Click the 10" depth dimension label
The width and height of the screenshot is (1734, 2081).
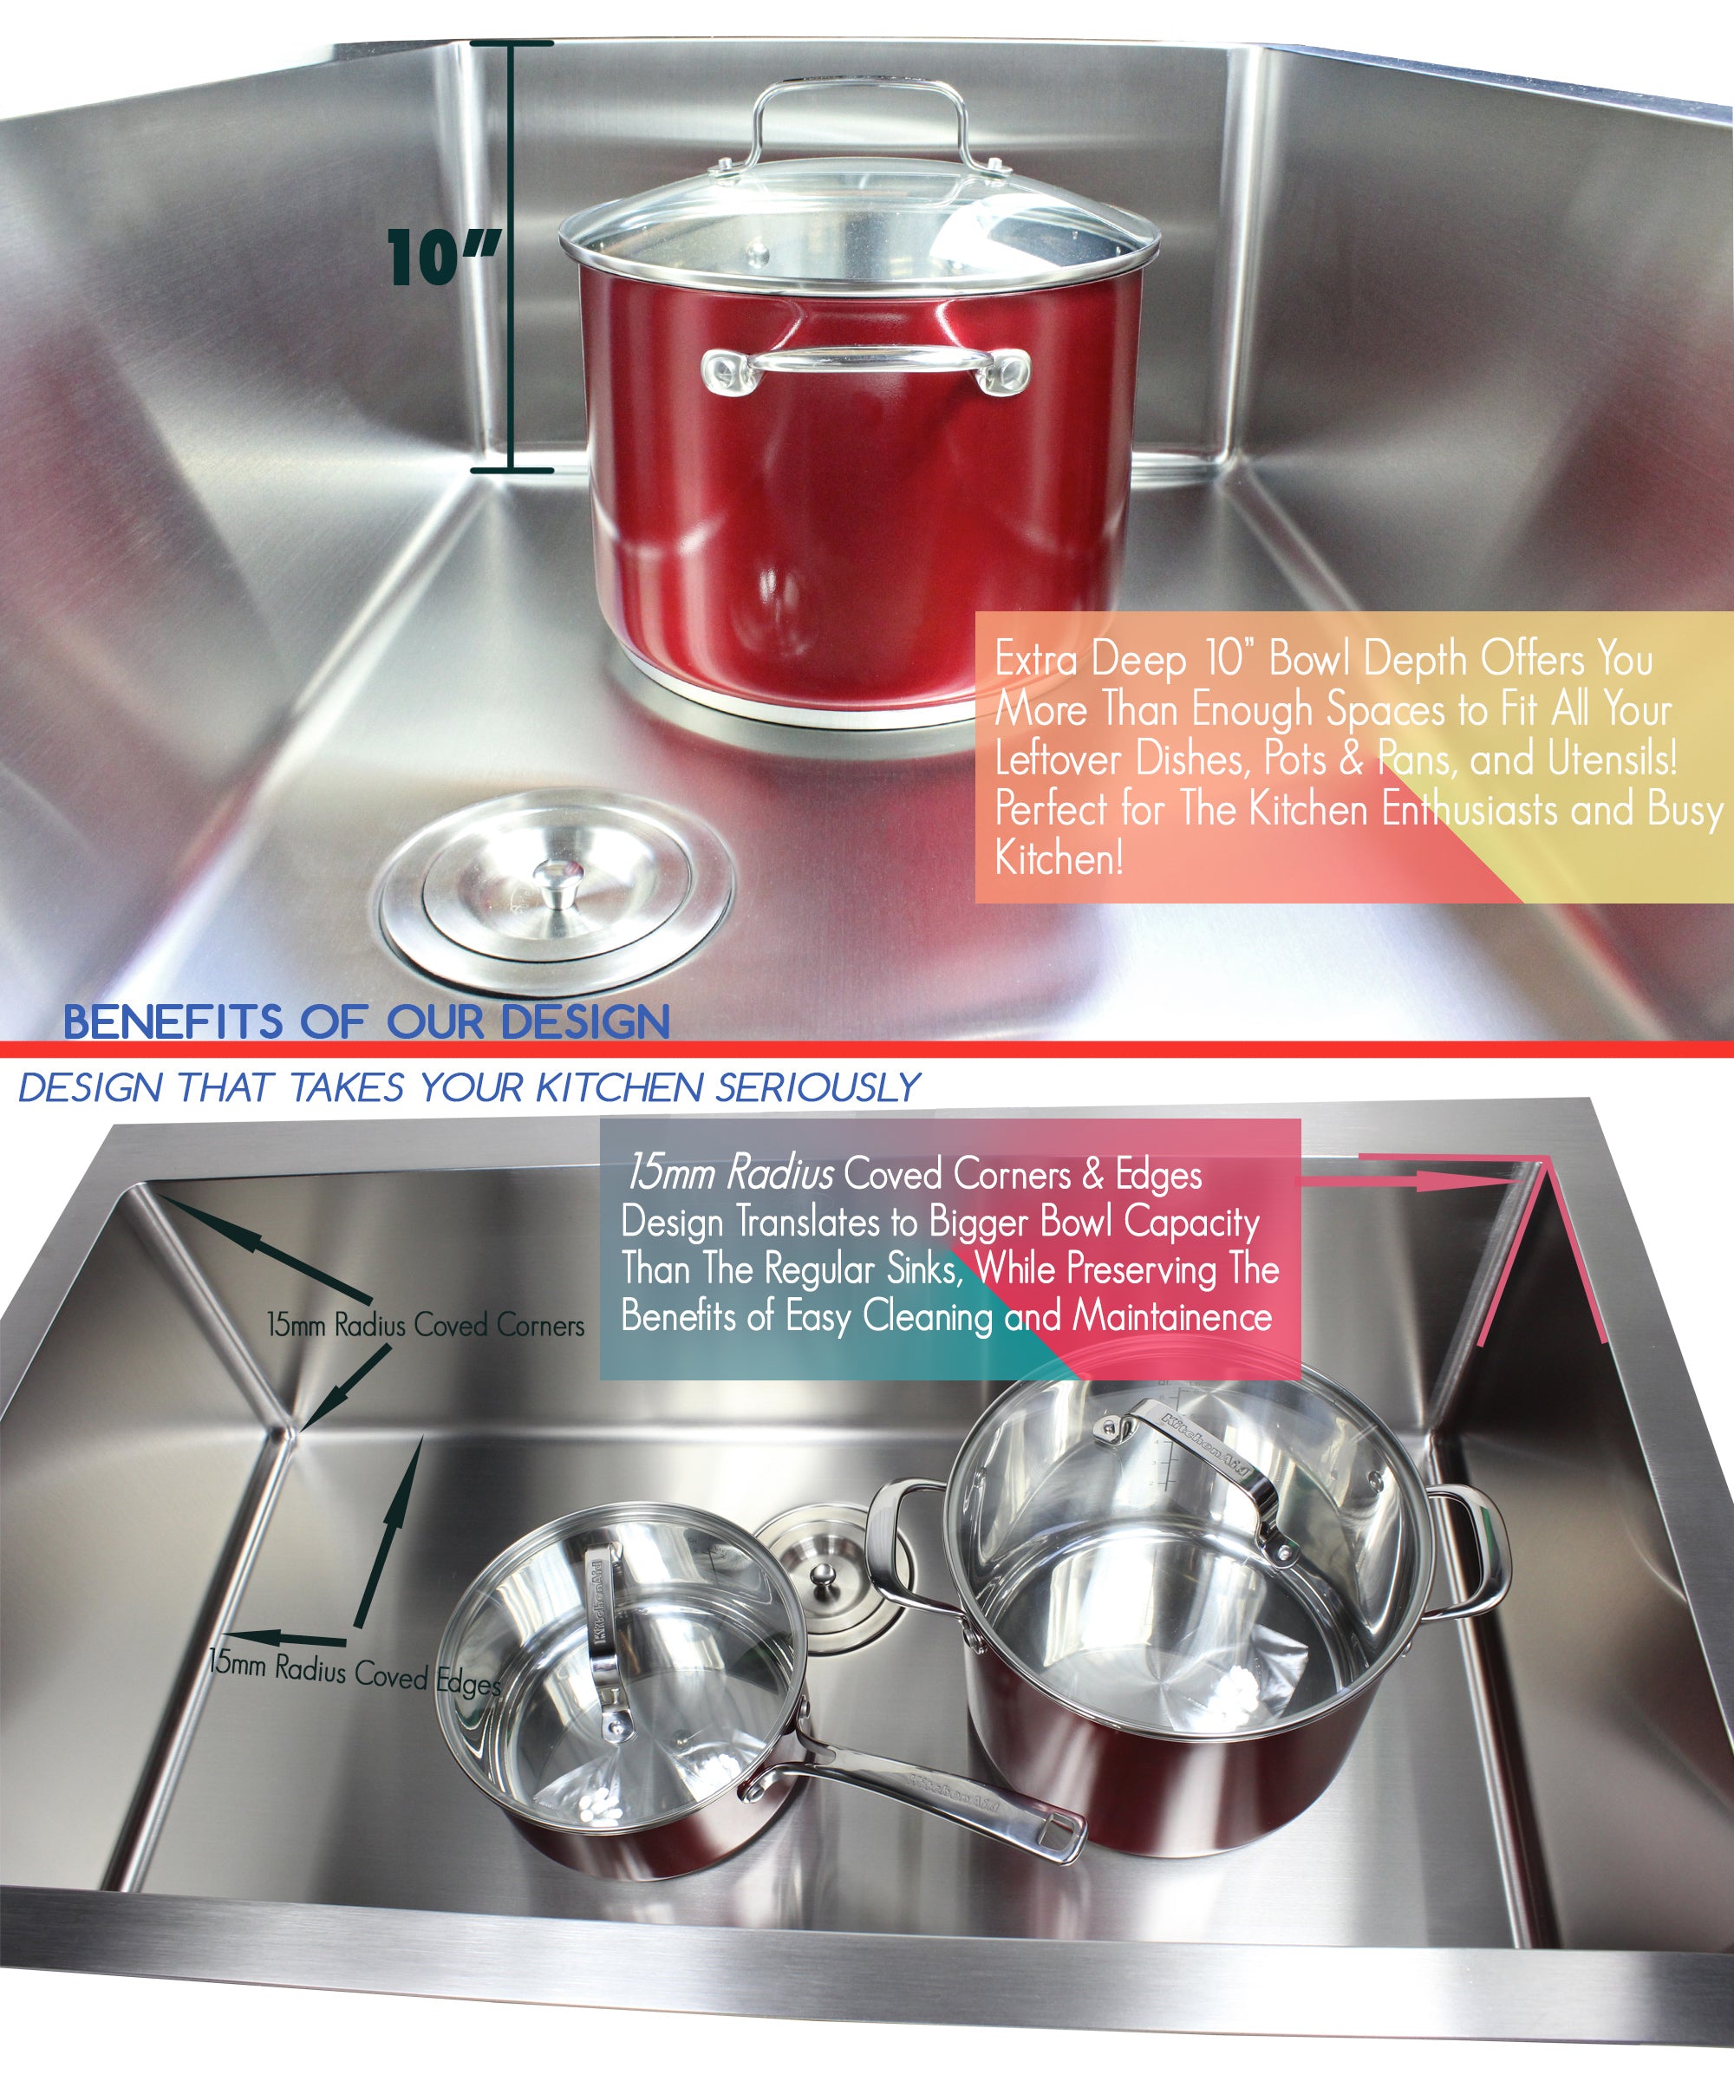(443, 258)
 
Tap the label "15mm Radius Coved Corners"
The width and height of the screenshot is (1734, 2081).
(425, 1325)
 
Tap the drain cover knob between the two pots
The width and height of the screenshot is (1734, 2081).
(823, 1575)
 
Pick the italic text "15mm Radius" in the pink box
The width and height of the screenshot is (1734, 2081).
(728, 1174)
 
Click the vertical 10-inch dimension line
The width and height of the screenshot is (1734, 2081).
(512, 257)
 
